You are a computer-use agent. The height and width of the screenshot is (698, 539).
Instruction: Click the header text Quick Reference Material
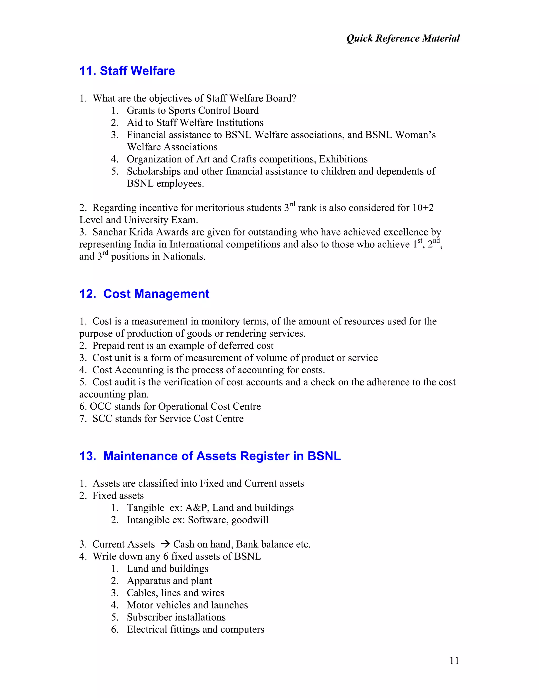[x=403, y=38]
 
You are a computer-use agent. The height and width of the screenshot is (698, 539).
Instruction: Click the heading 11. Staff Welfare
[x=127, y=71]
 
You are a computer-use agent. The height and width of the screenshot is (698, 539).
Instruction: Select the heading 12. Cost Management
[x=144, y=294]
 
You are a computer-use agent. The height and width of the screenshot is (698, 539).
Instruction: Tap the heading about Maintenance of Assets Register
[x=210, y=456]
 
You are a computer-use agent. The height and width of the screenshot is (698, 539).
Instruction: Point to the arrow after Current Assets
[x=165, y=544]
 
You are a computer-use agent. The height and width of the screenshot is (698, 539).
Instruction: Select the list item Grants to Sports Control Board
[x=193, y=111]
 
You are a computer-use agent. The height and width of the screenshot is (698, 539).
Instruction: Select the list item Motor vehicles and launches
[x=187, y=605]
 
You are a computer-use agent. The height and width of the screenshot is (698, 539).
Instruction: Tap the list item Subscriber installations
[x=176, y=617]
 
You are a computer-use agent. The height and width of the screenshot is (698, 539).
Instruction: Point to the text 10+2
[x=422, y=208]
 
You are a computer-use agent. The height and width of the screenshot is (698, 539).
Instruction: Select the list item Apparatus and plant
[x=169, y=581]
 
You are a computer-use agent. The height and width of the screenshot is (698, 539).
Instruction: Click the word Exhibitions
[x=343, y=159]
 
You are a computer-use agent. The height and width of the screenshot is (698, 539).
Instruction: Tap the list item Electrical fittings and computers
[x=196, y=629]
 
